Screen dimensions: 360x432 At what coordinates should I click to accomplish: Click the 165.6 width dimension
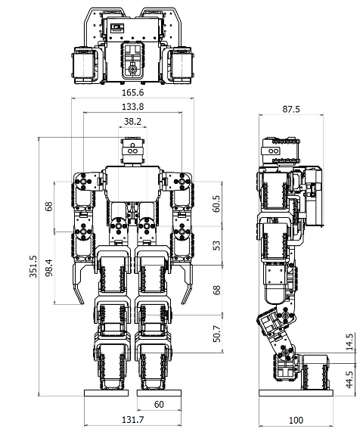pyautogui.click(x=133, y=92)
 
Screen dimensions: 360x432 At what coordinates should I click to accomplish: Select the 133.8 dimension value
pyautogui.click(x=133, y=107)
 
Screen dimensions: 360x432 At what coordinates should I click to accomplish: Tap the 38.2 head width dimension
pyautogui.click(x=132, y=121)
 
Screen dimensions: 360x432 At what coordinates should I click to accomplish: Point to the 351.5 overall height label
pyautogui.click(x=33, y=266)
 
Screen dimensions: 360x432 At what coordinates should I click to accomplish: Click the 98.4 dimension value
pyautogui.click(x=49, y=268)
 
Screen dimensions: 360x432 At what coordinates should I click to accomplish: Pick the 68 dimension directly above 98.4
pyautogui.click(x=48, y=207)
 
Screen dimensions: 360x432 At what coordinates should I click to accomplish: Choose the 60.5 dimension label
pyautogui.click(x=216, y=204)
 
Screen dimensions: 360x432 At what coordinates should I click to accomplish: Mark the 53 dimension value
pyautogui.click(x=217, y=245)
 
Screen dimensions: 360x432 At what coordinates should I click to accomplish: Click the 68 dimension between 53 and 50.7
pyautogui.click(x=217, y=291)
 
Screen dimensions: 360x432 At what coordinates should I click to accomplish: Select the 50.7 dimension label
pyautogui.click(x=217, y=334)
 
